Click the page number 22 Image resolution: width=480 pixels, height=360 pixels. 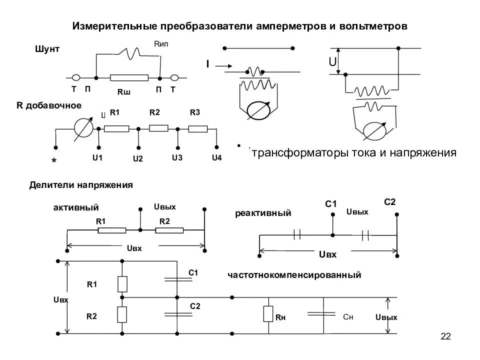(445, 337)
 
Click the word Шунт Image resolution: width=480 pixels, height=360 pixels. (47, 49)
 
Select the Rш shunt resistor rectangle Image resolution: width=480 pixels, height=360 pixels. (129, 78)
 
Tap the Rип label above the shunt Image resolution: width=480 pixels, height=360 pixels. (161, 45)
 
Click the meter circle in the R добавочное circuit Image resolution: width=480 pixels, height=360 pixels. (83, 128)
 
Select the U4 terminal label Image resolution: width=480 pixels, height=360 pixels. (216, 158)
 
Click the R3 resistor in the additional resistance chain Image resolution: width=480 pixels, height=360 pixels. (198, 128)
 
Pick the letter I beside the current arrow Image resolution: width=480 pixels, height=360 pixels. (207, 64)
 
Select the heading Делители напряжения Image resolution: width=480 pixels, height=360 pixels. (80, 185)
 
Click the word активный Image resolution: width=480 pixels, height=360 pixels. (76, 207)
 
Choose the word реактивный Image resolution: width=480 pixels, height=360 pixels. (263, 213)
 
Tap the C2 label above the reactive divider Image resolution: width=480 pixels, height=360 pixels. (390, 201)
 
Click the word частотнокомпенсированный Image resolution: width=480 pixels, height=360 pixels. (294, 275)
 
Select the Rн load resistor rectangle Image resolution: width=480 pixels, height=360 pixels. (268, 314)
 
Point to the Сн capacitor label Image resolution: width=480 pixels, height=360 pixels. (348, 317)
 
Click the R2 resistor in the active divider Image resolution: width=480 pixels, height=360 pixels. (169, 230)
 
